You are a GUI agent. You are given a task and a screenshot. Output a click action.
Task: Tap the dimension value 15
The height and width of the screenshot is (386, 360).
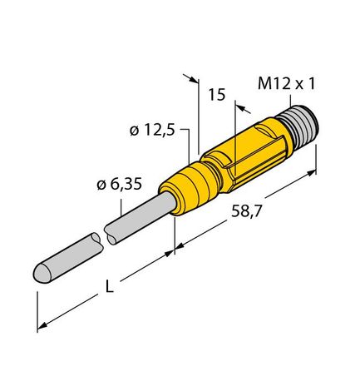(216, 96)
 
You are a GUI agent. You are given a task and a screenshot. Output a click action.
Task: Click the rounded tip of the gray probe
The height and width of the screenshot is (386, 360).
(41, 272)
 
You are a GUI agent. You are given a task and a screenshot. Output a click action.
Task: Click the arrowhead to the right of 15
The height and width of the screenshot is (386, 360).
(241, 106)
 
